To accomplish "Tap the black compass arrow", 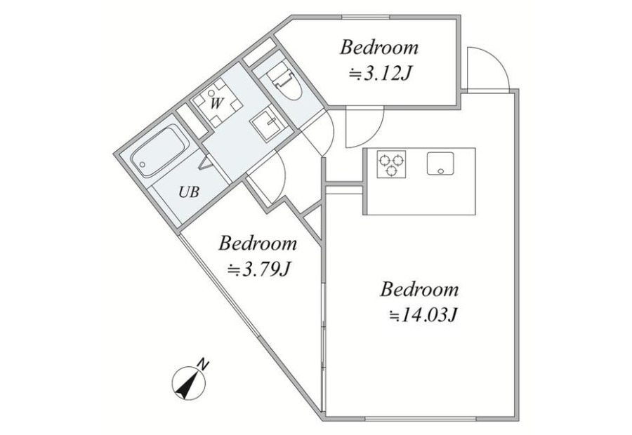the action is point(187,384).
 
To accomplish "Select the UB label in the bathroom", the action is point(189,192).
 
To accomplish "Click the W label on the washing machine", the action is point(216,104).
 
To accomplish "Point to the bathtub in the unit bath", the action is point(159,150).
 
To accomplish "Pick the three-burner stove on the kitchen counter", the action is point(391,164).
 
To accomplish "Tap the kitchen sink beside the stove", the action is point(440,163).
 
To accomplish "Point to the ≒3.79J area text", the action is point(258,269).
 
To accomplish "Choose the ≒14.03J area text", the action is point(423,314).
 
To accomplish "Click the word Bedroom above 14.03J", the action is point(419,290).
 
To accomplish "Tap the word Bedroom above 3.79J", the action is point(258,243).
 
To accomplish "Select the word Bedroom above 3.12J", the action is point(379,47).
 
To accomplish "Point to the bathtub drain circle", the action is point(143,165).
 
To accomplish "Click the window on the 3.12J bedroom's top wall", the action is point(366,17).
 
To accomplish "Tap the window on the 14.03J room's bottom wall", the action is point(421,419).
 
